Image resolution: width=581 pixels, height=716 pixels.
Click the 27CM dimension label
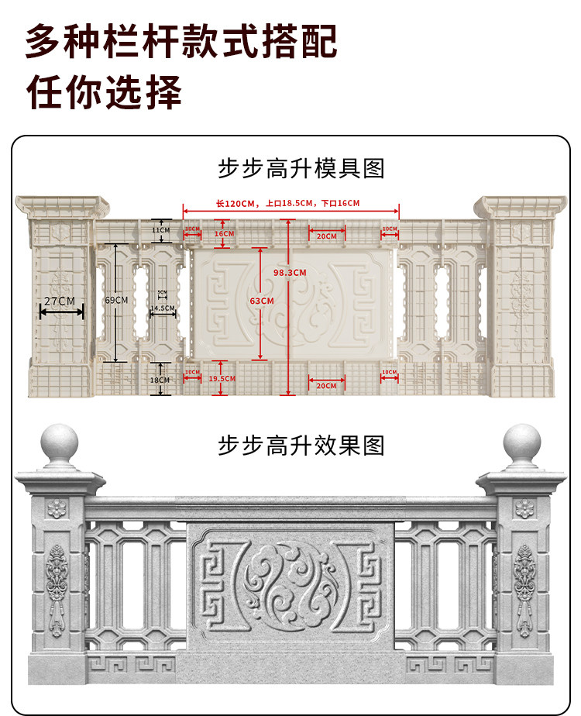click(x=60, y=301)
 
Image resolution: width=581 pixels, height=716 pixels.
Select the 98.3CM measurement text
click(x=290, y=273)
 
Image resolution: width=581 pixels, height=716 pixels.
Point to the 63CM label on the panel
click(x=262, y=301)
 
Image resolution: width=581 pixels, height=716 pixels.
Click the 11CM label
click(x=160, y=230)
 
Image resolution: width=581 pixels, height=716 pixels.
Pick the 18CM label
click(x=160, y=380)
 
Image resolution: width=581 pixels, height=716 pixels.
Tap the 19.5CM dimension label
click(x=222, y=378)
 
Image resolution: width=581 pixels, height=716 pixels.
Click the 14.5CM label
click(x=162, y=308)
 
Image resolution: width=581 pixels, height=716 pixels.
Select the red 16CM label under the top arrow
click(x=224, y=233)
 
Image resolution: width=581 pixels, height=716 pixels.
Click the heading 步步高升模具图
click(x=301, y=168)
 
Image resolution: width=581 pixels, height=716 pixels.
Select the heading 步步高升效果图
click(x=301, y=446)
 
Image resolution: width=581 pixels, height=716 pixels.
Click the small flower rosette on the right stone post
click(x=524, y=509)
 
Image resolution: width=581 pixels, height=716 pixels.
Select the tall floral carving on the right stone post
click(x=524, y=589)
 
